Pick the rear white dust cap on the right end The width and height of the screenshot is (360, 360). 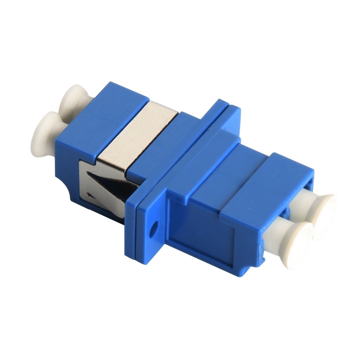click(324, 208)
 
